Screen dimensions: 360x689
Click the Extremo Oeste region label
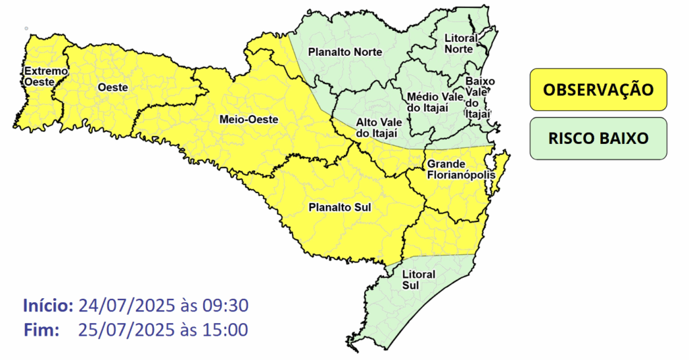point(46,76)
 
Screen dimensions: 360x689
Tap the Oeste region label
point(112,87)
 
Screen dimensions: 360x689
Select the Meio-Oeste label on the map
point(248,120)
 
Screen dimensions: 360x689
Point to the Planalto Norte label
point(344,52)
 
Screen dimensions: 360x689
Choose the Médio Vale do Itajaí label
point(435,103)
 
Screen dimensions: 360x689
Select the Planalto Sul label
point(340,208)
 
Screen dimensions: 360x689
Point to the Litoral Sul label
point(418,280)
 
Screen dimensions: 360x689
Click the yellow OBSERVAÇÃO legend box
point(597,89)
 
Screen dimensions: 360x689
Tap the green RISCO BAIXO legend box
point(597,139)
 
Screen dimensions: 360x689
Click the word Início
point(48,305)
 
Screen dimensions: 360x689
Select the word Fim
point(42,330)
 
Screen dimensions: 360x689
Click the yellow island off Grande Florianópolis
point(501,170)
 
